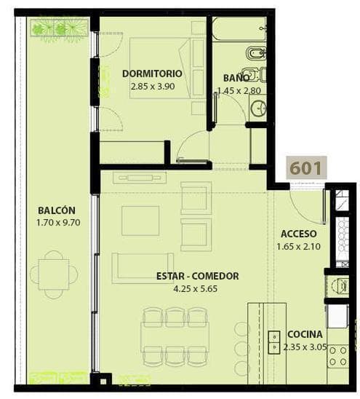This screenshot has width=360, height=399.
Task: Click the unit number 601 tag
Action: click(x=306, y=167)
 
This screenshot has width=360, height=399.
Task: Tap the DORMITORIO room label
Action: click(x=152, y=74)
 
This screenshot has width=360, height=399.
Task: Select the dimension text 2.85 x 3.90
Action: click(x=153, y=86)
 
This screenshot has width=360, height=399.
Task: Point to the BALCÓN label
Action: click(x=57, y=210)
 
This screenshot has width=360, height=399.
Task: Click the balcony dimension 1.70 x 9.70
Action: click(x=58, y=223)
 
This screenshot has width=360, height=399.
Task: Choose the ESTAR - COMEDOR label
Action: click(x=198, y=276)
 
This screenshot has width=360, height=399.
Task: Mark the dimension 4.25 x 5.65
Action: click(x=195, y=289)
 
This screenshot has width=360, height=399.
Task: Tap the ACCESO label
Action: click(x=299, y=234)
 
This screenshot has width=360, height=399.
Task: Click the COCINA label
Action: click(x=305, y=334)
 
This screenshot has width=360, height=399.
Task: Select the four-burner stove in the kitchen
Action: click(x=338, y=356)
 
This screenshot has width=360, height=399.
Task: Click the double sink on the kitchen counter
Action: click(x=274, y=342)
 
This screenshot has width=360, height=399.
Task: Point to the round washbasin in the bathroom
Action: click(x=258, y=108)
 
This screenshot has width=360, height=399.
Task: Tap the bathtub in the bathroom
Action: click(x=239, y=29)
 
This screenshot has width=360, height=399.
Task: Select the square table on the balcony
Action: click(x=54, y=274)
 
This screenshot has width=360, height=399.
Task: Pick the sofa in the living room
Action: click(x=143, y=268)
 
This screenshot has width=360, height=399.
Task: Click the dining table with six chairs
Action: click(x=175, y=337)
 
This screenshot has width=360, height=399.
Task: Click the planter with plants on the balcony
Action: click(x=60, y=28)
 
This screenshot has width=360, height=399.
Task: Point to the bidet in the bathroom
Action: click(x=255, y=54)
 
